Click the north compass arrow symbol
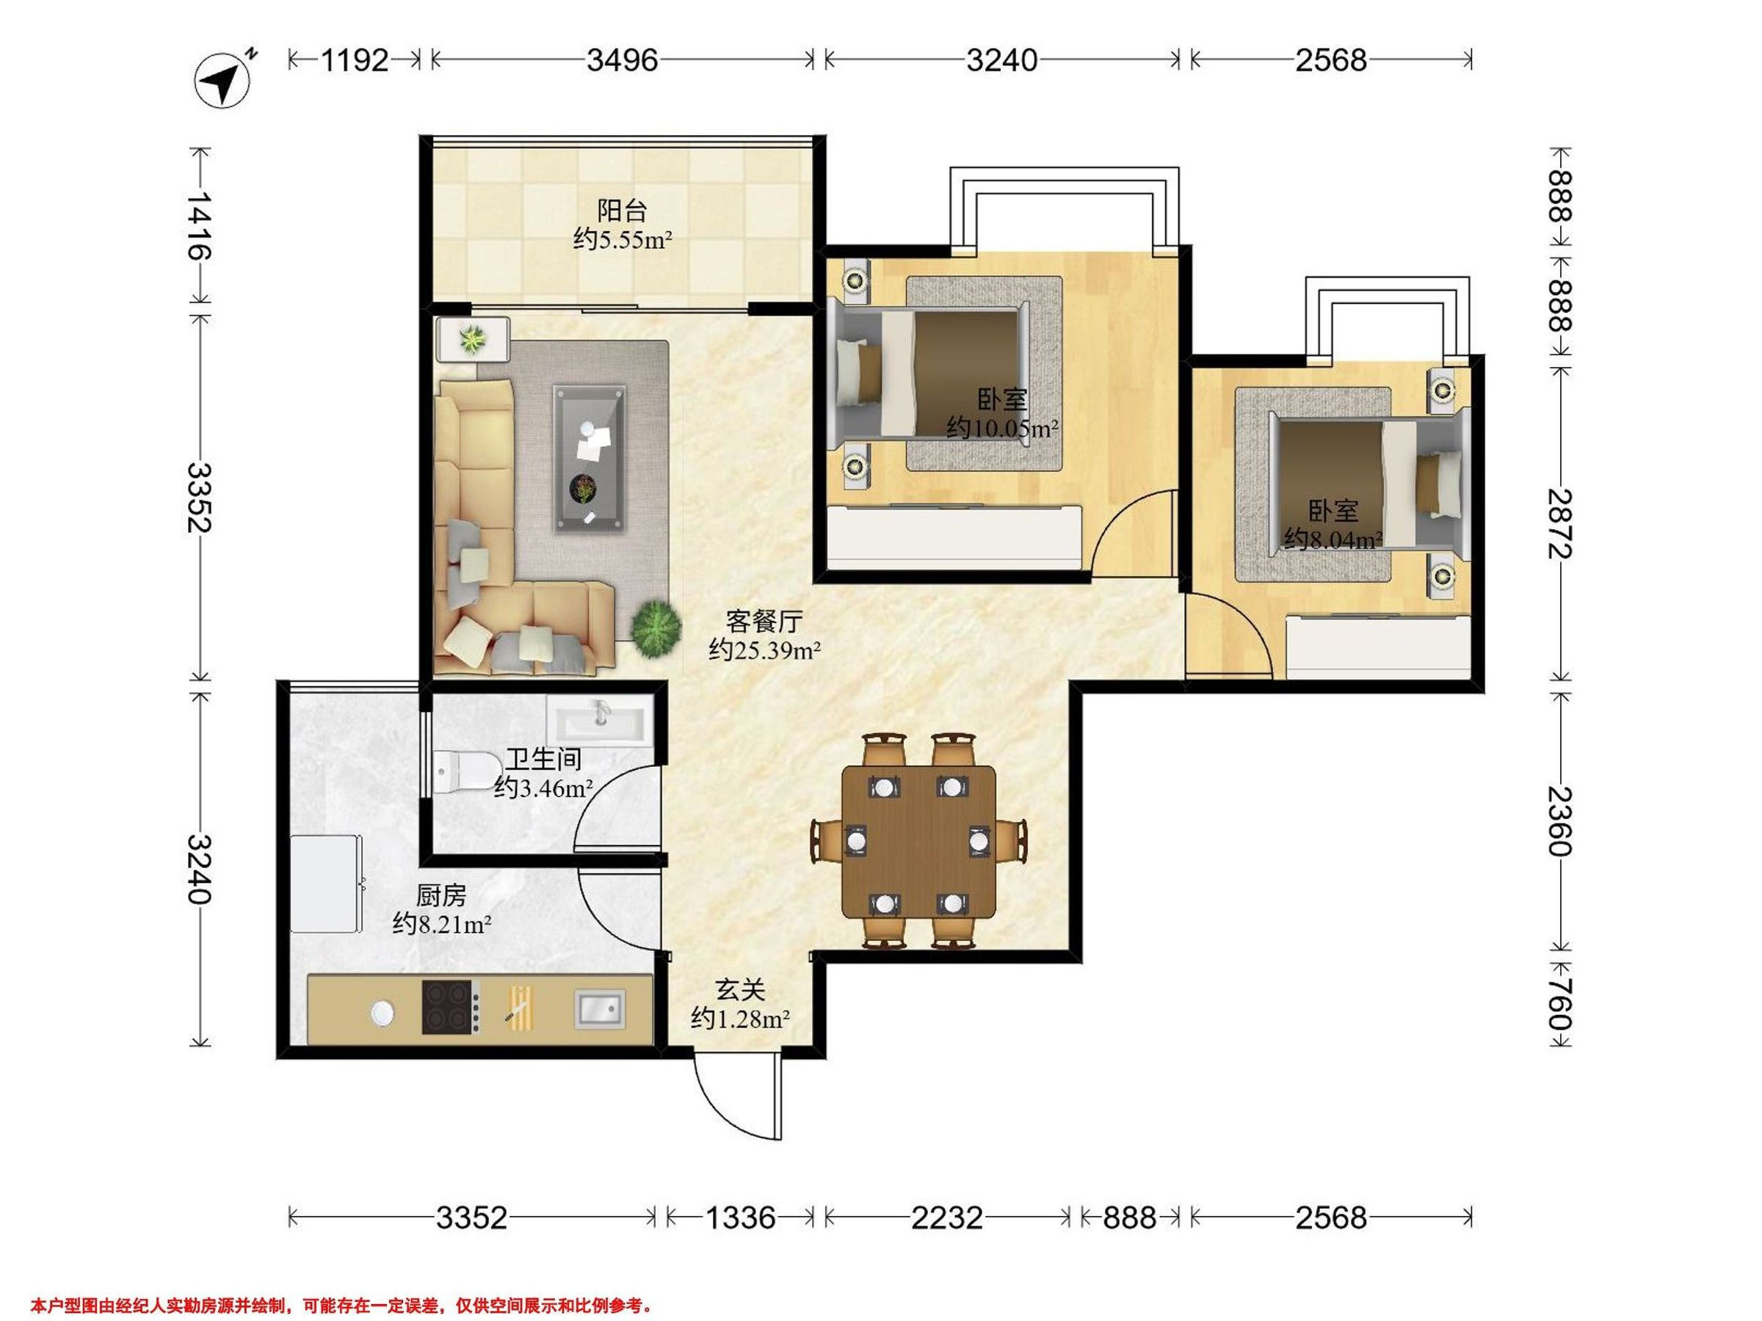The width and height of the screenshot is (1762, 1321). point(224,79)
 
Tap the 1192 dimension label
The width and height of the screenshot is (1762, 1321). point(355,59)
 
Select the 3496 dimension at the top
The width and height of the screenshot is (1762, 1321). point(622,59)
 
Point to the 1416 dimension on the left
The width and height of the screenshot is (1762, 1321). point(199,226)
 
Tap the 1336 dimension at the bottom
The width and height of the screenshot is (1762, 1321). point(741,1218)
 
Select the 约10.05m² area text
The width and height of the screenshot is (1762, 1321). point(1002,429)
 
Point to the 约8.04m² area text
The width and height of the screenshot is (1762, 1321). point(1333,540)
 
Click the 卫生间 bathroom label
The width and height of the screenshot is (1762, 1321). point(543,759)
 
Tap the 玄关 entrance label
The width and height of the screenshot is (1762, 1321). point(741,990)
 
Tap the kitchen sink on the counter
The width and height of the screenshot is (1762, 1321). point(600,1010)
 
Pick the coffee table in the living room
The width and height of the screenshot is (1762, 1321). point(590,458)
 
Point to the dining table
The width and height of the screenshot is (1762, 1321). point(919,841)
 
